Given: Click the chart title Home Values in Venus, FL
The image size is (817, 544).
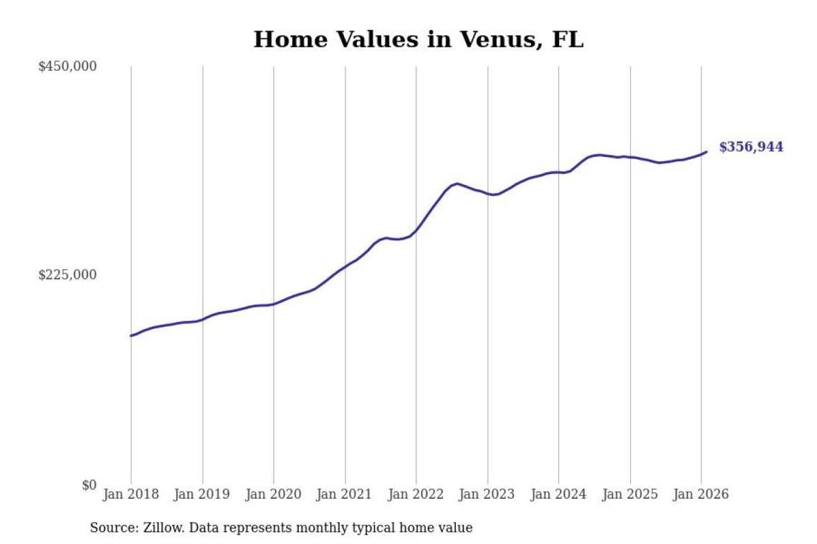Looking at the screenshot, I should pos(419,39).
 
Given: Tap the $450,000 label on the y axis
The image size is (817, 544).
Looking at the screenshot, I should pos(67,67).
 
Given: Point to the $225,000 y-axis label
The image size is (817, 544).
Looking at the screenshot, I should pos(67,275).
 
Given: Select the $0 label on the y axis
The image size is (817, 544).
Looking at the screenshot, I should pos(88,485).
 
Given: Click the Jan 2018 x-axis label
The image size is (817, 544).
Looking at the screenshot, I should pos(131,495).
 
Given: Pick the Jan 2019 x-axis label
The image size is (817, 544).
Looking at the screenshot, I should pos(202,495).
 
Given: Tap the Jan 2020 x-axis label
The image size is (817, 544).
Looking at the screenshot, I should pos(274,495).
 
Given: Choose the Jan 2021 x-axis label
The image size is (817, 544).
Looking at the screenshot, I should pos(345,495).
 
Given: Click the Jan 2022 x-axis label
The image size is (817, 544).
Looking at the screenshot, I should pos(416,495).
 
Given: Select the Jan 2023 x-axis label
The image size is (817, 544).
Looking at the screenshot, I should pos(487,495).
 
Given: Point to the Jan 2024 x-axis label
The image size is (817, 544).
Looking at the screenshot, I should pos(559,495).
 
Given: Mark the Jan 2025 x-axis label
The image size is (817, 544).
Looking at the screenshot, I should pos(630,495).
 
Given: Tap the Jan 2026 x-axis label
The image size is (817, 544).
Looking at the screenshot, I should pos(702,495).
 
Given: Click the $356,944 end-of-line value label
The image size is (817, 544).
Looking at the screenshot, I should pos(751,148).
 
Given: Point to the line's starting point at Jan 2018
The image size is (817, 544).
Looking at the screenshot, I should pos(131,335).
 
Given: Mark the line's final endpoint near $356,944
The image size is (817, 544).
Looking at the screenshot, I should pos(707,151).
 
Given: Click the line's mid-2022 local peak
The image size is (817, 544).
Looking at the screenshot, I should pos(457,183).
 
